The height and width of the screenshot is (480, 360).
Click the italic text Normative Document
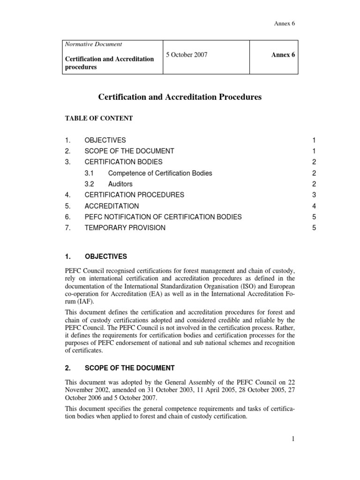click(x=92, y=44)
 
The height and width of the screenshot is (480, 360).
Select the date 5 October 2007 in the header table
click(x=187, y=55)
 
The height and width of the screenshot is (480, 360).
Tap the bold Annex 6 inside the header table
click(x=283, y=55)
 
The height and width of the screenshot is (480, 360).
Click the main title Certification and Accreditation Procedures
click(x=180, y=97)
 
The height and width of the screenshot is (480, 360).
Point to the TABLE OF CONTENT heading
click(x=98, y=119)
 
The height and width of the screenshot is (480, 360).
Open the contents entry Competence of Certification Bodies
click(x=160, y=173)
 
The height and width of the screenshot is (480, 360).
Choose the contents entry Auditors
click(x=120, y=184)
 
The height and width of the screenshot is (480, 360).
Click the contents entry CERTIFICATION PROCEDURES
click(x=134, y=195)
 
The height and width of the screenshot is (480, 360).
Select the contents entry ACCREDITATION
click(x=112, y=206)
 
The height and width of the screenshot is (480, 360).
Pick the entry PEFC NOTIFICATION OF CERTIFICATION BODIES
click(x=163, y=217)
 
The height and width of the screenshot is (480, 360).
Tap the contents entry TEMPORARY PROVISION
click(x=125, y=228)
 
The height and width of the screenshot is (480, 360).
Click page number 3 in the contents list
click(x=315, y=195)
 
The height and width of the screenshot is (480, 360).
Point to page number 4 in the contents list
click(x=315, y=206)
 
